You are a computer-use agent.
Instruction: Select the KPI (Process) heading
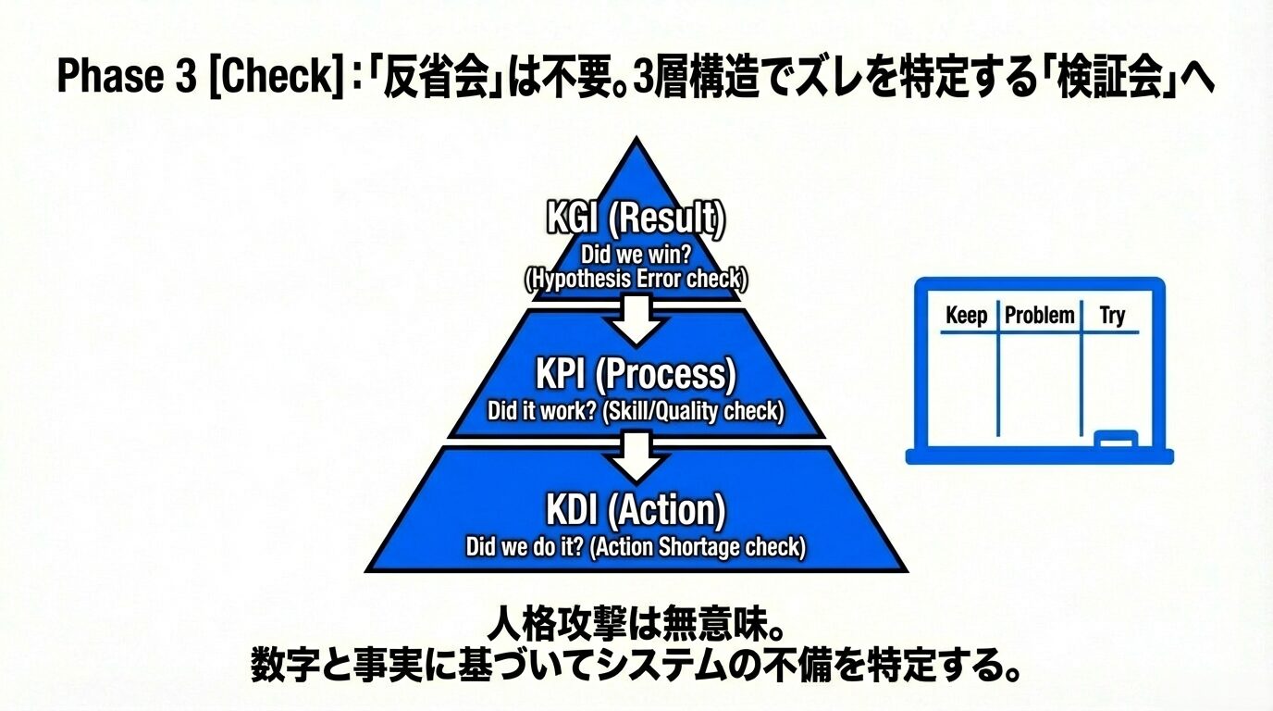point(636,375)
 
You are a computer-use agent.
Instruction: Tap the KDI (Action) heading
point(636,511)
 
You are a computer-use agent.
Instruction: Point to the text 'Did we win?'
point(636,254)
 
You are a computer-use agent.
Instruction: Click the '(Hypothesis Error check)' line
point(636,280)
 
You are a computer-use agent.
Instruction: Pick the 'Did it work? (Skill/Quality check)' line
point(636,412)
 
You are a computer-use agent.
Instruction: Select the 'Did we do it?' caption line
point(636,547)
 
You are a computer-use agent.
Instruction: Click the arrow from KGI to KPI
point(636,320)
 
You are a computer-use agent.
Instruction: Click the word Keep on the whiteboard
point(966,316)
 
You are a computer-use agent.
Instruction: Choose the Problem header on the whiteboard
point(1040,316)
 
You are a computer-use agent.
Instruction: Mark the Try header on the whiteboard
point(1112,316)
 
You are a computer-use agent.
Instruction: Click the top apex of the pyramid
point(636,141)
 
